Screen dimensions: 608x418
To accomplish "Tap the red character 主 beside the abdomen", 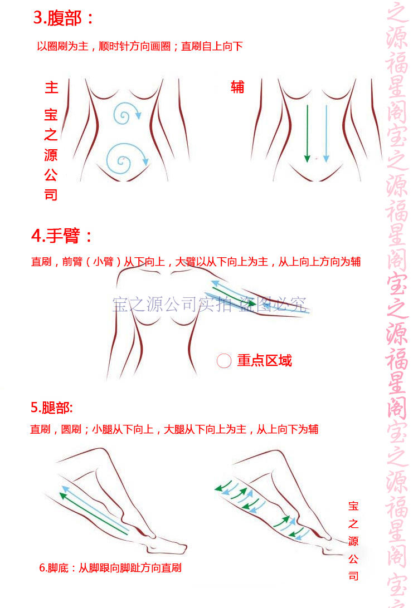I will point(51,88).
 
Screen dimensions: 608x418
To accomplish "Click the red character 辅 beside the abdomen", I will point(237,87).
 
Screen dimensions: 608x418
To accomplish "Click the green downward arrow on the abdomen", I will point(307,134).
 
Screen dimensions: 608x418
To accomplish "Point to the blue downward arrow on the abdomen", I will point(326,134).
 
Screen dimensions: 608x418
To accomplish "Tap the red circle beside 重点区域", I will point(224,361).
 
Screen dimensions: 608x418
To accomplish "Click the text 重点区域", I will point(264,361).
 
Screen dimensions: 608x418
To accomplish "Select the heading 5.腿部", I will point(51,408).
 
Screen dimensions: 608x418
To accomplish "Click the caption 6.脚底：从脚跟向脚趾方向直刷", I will point(110,568).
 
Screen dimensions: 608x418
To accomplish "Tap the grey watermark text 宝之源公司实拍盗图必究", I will point(210,305).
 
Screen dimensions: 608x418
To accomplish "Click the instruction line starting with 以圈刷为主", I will point(139,46).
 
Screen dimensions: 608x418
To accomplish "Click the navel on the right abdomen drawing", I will point(316,159).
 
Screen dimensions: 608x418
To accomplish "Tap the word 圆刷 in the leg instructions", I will point(71,429).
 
